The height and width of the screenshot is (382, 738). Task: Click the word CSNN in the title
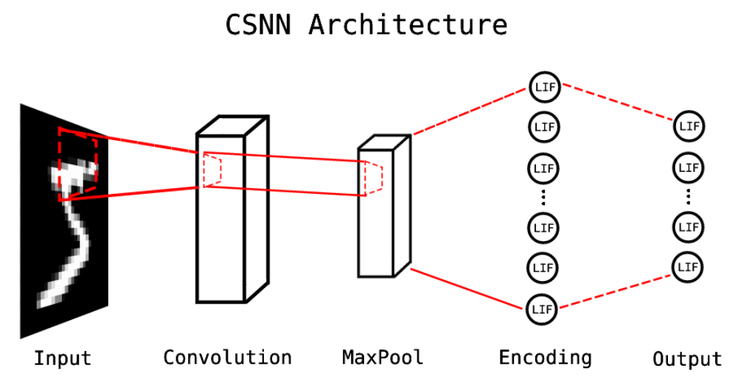[260, 24]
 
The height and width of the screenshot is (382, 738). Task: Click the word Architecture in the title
[408, 24]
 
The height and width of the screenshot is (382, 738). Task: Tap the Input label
[63, 359]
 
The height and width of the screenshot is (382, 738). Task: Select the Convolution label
[227, 358]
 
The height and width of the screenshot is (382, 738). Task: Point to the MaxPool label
[383, 358]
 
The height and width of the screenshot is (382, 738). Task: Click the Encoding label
[545, 358]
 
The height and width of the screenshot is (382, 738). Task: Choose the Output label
[687, 359]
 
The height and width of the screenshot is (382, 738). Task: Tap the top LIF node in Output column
[689, 126]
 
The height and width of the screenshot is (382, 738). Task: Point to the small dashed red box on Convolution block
[212, 170]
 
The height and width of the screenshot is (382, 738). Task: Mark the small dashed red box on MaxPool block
[373, 177]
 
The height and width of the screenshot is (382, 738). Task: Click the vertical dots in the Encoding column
[543, 197]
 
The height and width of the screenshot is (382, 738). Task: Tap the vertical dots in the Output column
[689, 196]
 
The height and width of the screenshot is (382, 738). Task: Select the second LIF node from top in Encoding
[543, 126]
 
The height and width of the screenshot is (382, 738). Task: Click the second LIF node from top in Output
[689, 167]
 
